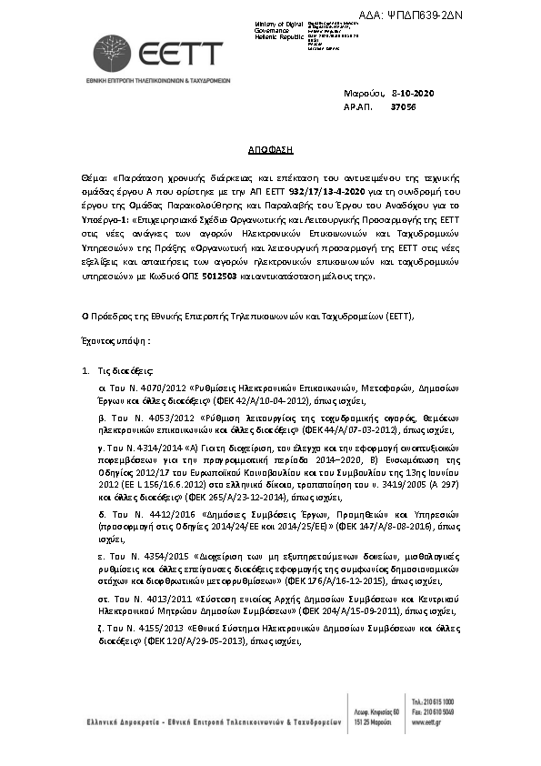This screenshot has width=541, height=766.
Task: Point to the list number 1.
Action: pos(85,371)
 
